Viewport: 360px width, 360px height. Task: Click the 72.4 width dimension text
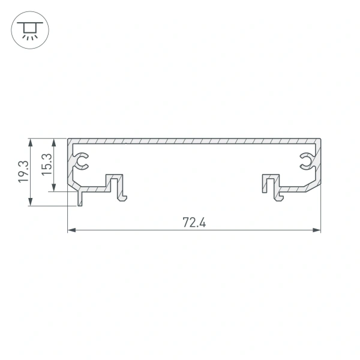pos(194,223)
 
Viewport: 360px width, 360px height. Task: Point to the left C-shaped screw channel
pos(82,161)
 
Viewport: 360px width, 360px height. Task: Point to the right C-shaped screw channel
pos(306,161)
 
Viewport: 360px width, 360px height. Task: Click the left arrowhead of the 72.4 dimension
pos(70,230)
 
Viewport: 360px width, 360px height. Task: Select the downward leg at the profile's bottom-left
pos(79,199)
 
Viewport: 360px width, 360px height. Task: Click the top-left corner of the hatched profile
pos(68,139)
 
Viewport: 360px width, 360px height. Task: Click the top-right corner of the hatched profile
pos(320,139)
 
